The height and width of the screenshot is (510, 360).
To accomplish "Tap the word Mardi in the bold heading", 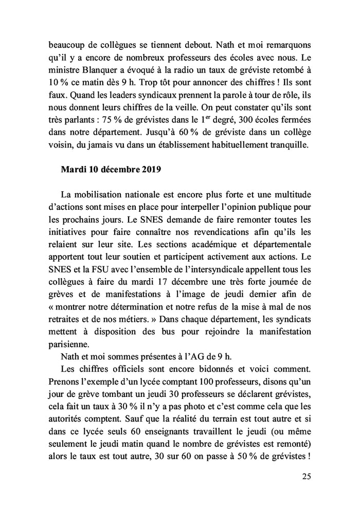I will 74,171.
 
